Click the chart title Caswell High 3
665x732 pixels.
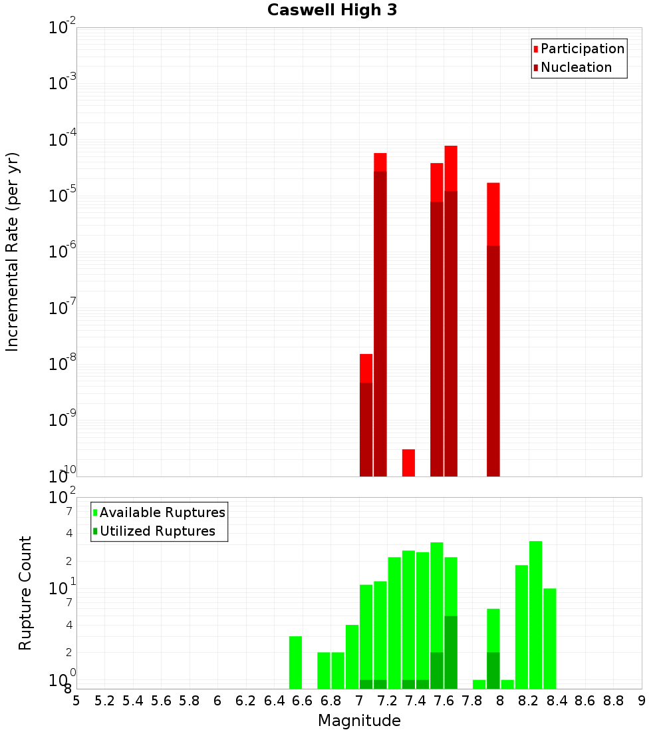(x=332, y=11)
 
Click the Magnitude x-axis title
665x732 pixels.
(x=359, y=721)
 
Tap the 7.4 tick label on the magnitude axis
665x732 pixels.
(x=416, y=701)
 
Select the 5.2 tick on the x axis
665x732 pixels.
(x=104, y=701)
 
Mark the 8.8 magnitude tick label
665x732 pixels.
(x=613, y=701)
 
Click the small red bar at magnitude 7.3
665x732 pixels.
(x=408, y=462)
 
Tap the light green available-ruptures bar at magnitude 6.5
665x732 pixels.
(x=295, y=662)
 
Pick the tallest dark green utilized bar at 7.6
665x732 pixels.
(x=451, y=652)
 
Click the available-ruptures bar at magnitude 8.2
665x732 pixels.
(x=535, y=615)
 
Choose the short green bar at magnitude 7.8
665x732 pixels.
(x=479, y=684)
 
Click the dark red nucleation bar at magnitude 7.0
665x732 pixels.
(x=366, y=429)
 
